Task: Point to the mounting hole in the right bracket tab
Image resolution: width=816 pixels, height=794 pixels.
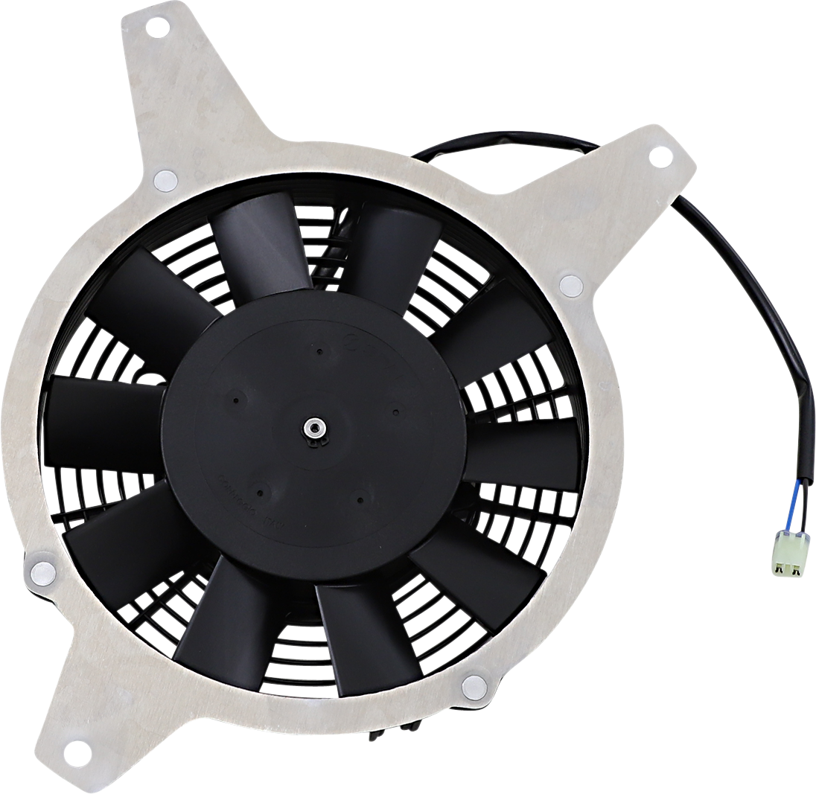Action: [x=658, y=157]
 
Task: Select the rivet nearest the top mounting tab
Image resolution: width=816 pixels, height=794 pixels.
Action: [x=165, y=179]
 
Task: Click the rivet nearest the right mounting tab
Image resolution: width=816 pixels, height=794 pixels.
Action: [x=570, y=284]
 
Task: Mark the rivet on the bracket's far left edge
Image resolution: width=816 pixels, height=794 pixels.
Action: [x=42, y=572]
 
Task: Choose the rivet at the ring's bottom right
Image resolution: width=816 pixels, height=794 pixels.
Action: [x=474, y=684]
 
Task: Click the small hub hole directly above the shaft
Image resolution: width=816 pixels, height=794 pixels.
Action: [x=319, y=353]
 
